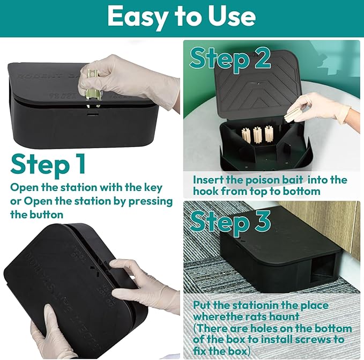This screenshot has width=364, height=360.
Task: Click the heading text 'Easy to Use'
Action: tap(181, 17)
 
